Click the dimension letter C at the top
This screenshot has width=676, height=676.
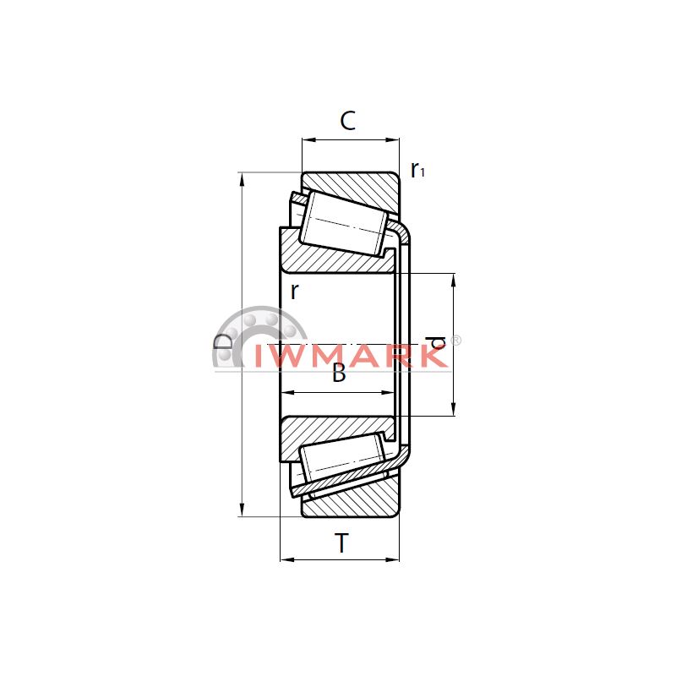(348, 121)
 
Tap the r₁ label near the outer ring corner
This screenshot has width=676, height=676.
(417, 170)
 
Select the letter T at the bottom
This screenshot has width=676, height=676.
(341, 543)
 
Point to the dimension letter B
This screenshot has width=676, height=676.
(340, 373)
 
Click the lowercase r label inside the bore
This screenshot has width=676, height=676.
(294, 292)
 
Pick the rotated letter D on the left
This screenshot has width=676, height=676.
(222, 342)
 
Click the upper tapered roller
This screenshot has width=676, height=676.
(346, 223)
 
